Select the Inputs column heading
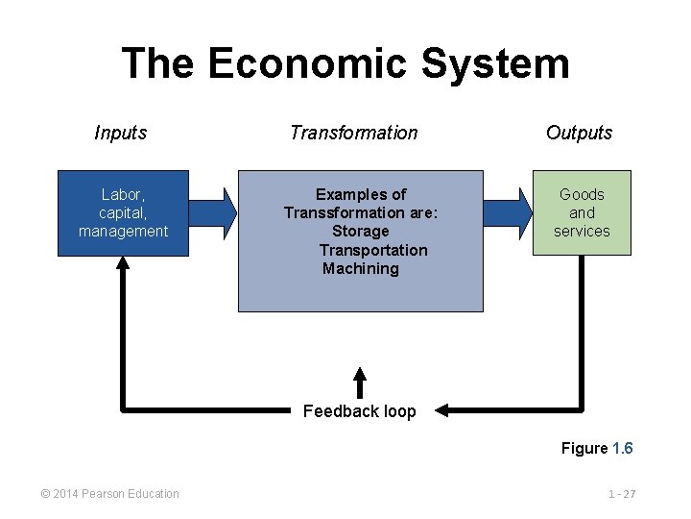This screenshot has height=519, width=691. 121,133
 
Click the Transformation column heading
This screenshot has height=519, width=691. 354,133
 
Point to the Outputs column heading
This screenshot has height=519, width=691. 579,133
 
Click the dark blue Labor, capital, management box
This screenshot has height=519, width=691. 123,213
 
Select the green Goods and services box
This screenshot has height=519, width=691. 582,213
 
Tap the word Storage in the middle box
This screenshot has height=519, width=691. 361,232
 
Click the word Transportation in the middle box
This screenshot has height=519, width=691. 373,250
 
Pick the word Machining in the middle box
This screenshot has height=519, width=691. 361,269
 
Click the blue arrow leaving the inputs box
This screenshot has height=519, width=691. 216,211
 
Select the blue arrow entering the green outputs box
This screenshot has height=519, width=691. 508,211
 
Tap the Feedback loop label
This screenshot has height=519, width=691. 360,411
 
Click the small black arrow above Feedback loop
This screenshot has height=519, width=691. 360,381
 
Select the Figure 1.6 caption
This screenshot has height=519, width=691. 597,448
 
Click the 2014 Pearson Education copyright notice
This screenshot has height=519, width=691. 109,494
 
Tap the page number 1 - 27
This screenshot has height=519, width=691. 622,494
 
